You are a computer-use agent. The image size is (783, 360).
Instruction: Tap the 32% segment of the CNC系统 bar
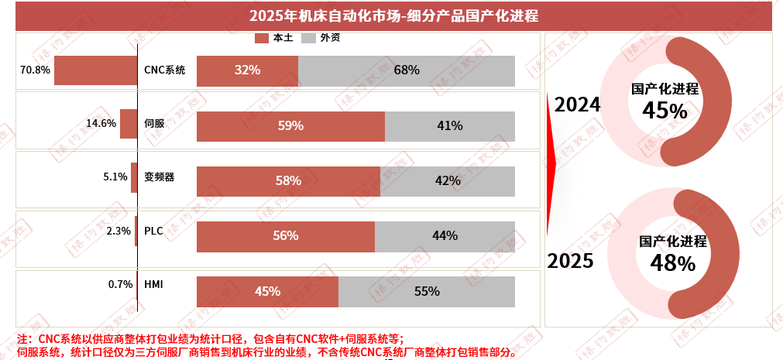[x=247, y=70]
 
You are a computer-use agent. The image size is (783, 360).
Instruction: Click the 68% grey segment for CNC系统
[x=407, y=70]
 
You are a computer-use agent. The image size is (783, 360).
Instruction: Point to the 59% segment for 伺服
[x=290, y=126]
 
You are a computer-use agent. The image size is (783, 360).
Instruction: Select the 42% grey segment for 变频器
[x=448, y=181]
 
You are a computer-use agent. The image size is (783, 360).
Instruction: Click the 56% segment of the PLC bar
[x=286, y=236]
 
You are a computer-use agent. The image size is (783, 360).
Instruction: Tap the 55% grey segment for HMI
[x=427, y=292]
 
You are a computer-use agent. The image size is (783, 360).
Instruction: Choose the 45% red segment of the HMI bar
[x=267, y=292]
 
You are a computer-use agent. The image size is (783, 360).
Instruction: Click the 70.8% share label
[x=35, y=70]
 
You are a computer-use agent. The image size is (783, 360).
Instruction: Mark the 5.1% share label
[x=115, y=177]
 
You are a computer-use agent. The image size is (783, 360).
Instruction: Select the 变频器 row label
[x=159, y=177]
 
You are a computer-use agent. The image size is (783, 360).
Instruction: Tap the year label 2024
[x=578, y=105]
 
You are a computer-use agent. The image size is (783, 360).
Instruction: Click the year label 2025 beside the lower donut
[x=571, y=261]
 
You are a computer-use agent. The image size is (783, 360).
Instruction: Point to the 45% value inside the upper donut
[x=665, y=111]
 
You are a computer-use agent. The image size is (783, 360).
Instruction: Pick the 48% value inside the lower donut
[x=672, y=264]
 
